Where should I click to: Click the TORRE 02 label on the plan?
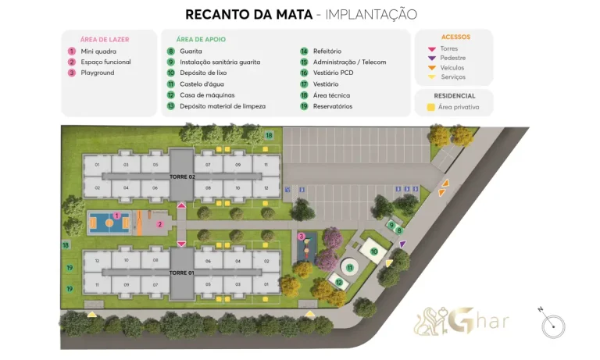tap(181, 176)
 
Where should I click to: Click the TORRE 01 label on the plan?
tap(181, 273)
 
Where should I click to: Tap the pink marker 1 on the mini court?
tap(117, 216)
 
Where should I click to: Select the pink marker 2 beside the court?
tap(159, 224)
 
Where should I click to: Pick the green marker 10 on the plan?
tap(374, 251)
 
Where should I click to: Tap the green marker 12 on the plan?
tap(339, 282)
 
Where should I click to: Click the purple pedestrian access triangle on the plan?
tap(402, 244)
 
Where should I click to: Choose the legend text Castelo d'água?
tap(202, 84)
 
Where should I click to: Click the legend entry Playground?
tap(98, 73)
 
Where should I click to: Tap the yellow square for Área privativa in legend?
tap(430, 107)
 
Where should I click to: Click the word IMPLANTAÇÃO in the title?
tap(370, 14)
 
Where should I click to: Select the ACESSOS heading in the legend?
tap(455, 37)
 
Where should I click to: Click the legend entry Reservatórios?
tap(332, 106)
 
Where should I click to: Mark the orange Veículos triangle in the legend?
tap(430, 67)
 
